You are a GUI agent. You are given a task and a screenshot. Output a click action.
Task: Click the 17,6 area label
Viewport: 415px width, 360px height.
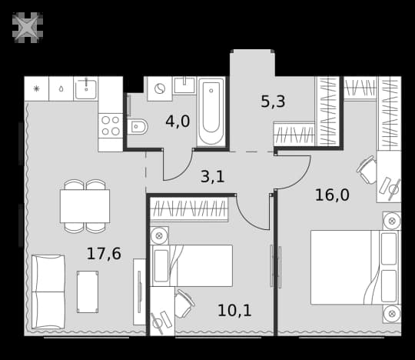pyautogui.click(x=104, y=253)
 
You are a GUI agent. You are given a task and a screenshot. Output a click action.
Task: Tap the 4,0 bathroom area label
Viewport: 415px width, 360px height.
pyautogui.click(x=178, y=122)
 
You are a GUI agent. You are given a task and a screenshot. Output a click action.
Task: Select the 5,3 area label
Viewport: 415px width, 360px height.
pyautogui.click(x=273, y=102)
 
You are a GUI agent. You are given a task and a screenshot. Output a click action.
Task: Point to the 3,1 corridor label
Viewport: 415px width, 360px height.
pyautogui.click(x=213, y=177)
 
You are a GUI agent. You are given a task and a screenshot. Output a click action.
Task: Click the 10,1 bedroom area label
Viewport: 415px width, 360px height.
pyautogui.click(x=234, y=311)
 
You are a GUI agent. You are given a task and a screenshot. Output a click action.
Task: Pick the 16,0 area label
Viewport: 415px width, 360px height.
pyautogui.click(x=332, y=195)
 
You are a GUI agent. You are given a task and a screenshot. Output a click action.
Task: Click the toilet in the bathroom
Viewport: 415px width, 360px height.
pyautogui.click(x=137, y=127)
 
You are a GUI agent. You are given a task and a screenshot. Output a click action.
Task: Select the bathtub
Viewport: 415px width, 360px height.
pyautogui.click(x=211, y=112)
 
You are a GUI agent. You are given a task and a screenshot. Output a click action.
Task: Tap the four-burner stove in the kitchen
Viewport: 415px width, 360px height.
pyautogui.click(x=111, y=125)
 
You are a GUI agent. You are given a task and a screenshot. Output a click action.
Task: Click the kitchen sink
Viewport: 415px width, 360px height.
pyautogui.click(x=86, y=88)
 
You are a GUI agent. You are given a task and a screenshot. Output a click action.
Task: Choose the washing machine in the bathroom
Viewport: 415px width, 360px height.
pyautogui.click(x=160, y=88)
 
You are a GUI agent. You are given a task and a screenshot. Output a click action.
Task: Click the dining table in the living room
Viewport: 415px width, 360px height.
pyautogui.click(x=85, y=206)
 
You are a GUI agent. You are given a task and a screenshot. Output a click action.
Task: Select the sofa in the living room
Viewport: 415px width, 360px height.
pyautogui.click(x=48, y=292)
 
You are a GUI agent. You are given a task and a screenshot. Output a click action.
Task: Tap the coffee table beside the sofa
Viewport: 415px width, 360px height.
pyautogui.click(x=88, y=292)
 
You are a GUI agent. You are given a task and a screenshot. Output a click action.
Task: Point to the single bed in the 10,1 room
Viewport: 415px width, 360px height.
pyautogui.click(x=191, y=265)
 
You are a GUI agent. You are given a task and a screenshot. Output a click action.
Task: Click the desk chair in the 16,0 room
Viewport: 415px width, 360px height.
pyautogui.click(x=367, y=169)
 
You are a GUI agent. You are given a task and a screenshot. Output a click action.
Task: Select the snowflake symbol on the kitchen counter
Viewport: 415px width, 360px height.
pyautogui.click(x=36, y=88)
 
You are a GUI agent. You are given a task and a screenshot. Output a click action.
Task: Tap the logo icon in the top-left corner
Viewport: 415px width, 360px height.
pyautogui.click(x=28, y=28)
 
